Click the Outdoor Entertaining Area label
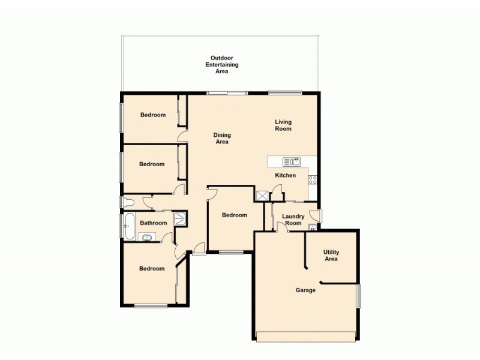221,64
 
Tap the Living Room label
283,125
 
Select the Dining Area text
222,139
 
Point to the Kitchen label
285,175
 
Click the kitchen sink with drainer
292,161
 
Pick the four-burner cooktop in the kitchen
313,179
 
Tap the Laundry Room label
293,220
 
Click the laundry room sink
312,227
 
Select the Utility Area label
331,256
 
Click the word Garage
305,290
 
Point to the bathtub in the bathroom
128,226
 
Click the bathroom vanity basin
146,237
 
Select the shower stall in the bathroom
179,219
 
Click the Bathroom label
153,223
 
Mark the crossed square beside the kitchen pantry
262,196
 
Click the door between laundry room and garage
281,227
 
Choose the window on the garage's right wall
358,296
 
